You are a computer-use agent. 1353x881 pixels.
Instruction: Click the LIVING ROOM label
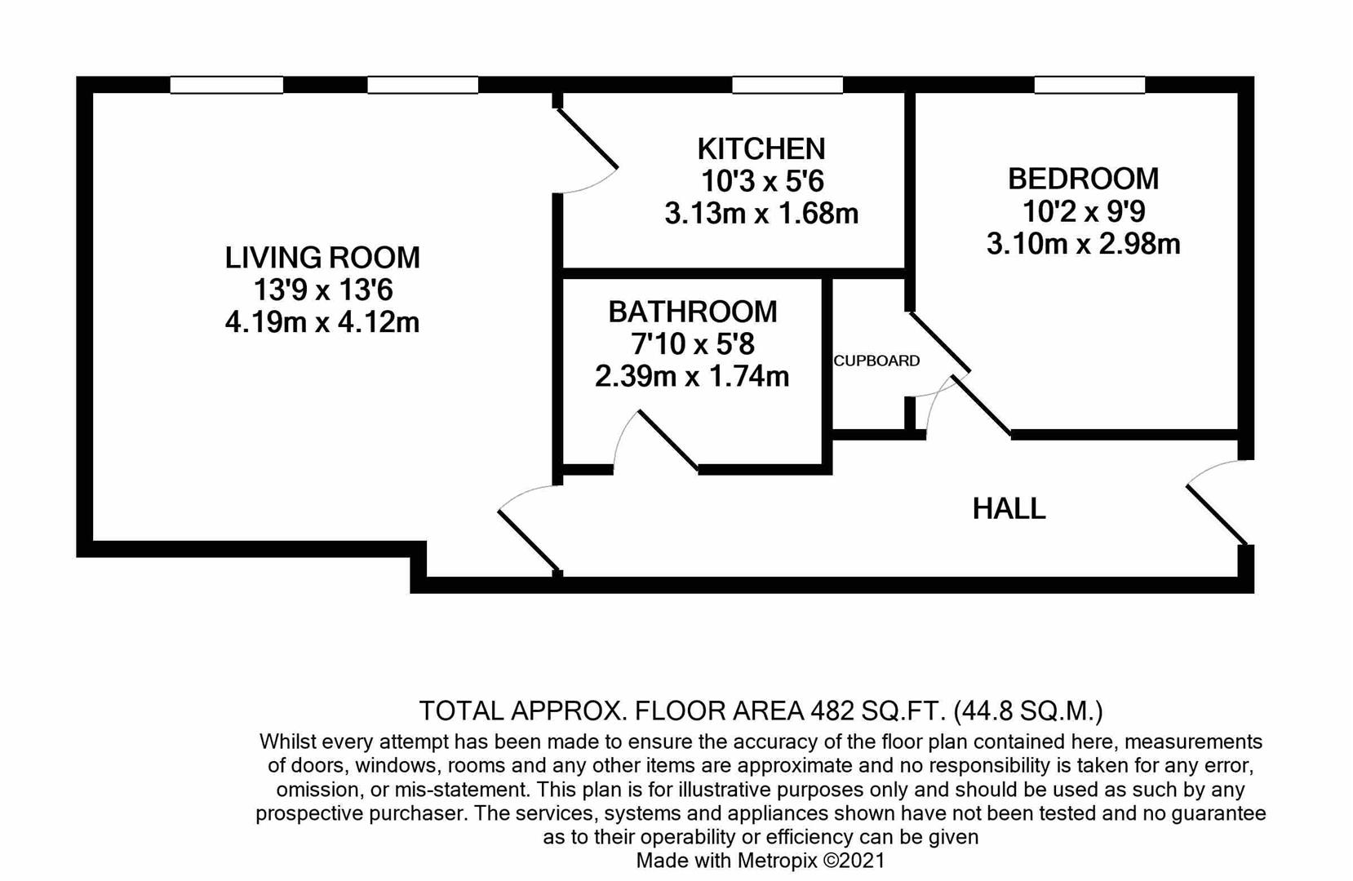point(322,258)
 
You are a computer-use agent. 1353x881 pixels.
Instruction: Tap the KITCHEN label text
point(761,148)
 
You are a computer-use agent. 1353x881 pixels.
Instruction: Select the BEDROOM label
point(1083,179)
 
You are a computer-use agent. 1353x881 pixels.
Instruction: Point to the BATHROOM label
point(692,312)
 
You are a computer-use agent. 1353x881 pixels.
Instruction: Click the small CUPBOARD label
point(876,361)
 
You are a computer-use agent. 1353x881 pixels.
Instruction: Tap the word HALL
point(1009,509)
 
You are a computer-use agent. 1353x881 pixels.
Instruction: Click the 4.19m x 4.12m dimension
point(322,322)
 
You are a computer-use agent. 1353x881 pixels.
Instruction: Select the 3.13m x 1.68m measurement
point(761,214)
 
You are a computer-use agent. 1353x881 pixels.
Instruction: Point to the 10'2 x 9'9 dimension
point(1083,211)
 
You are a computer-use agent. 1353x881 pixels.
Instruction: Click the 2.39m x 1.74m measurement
point(692,377)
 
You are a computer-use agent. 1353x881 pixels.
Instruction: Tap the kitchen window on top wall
point(787,85)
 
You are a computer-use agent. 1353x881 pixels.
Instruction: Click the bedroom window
point(1089,85)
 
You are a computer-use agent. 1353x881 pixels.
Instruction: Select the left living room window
point(227,85)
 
